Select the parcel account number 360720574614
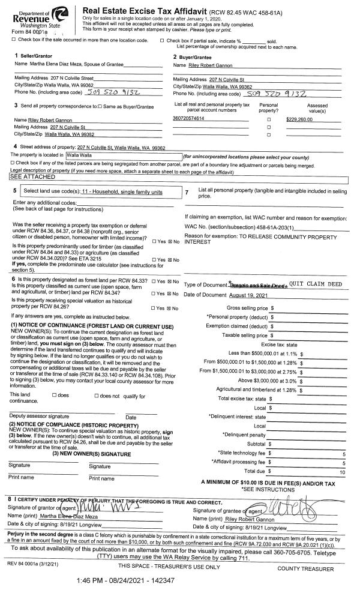pyautogui.click(x=188, y=119)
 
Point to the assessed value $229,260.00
pyautogui.click(x=304, y=119)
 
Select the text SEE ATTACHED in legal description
pyautogui.click(x=28, y=178)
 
